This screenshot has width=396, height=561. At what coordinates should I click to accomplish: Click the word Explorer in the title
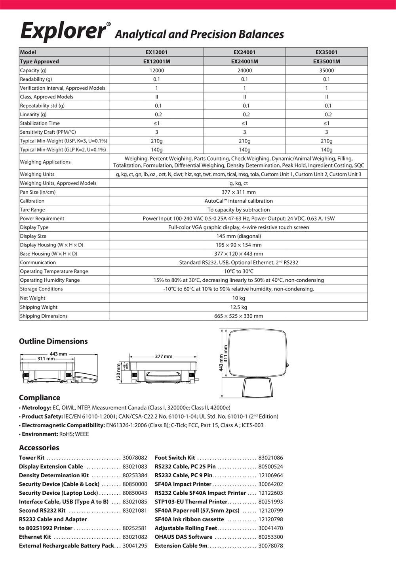point(63,31)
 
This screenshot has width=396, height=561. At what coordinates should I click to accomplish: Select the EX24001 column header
point(244,52)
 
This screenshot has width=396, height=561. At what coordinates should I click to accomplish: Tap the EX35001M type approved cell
point(326,61)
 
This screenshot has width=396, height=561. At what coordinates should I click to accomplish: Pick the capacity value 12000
point(156,70)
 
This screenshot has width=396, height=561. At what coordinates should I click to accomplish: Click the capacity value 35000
point(326,70)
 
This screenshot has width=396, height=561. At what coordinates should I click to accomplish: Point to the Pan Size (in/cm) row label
point(38,192)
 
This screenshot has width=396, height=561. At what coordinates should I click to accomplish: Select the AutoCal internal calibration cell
point(238,201)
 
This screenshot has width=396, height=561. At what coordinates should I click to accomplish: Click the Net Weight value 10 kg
point(238,298)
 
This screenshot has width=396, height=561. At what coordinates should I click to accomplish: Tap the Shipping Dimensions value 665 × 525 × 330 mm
point(238,316)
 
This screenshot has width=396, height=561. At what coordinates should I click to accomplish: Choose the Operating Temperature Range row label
point(54,271)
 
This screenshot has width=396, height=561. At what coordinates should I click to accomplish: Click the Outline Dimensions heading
point(53,341)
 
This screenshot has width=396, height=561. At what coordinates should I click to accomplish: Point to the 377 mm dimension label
point(164,356)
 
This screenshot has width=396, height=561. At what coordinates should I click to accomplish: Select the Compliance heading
point(40,398)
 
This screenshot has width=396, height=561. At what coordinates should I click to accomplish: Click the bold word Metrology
point(36,407)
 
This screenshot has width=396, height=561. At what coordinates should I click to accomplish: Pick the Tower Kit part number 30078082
point(135,458)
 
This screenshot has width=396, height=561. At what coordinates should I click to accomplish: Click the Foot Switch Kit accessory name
point(175,458)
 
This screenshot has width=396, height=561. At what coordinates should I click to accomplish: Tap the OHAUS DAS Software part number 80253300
point(270,537)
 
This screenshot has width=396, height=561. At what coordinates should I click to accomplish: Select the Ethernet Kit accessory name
point(35,537)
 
